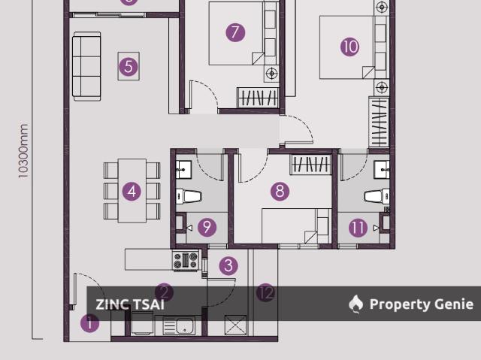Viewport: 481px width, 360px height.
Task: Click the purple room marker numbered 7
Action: tap(235, 32)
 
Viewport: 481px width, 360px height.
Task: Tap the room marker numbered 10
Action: tap(349, 47)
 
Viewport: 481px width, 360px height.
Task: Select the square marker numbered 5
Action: tap(129, 66)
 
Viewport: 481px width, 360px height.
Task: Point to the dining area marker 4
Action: tap(132, 191)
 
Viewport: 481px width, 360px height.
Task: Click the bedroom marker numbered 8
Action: tap(280, 191)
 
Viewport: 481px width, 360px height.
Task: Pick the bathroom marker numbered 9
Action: tap(207, 227)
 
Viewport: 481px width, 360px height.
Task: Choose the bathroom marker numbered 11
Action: tap(358, 227)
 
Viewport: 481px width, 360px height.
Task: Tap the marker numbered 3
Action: tap(228, 265)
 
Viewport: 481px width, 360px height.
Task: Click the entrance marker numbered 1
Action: tap(89, 324)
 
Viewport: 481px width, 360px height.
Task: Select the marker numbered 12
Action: tap(265, 293)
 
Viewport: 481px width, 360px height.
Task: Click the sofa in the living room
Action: tap(86, 66)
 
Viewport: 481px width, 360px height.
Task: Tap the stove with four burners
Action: tap(186, 261)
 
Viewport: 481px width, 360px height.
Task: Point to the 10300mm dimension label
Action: tap(23, 151)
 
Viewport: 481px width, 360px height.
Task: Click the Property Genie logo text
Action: tap(421, 304)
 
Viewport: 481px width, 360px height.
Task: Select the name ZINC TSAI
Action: tap(130, 304)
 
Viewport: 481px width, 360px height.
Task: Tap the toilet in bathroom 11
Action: tap(375, 197)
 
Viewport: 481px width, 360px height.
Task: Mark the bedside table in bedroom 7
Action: tap(271, 74)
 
